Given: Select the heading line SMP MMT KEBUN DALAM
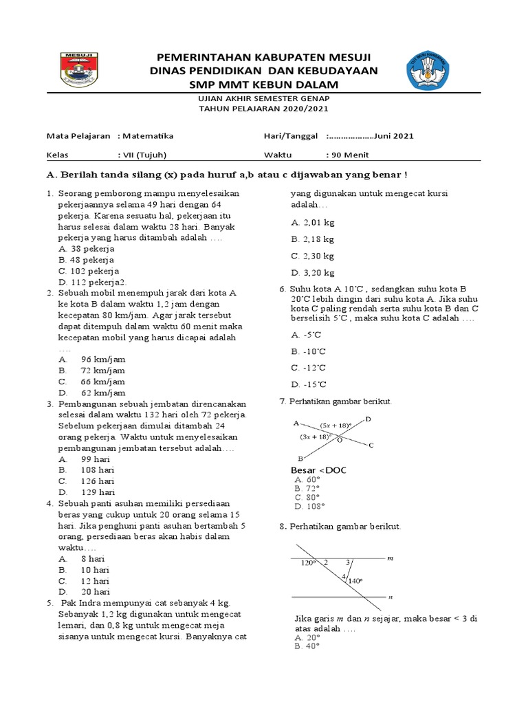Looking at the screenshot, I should pyautogui.click(x=265, y=85).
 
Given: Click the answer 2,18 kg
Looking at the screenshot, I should pyautogui.click(x=313, y=239).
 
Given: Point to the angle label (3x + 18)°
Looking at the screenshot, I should pyautogui.click(x=316, y=436).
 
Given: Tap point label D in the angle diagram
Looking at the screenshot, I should pyautogui.click(x=368, y=419).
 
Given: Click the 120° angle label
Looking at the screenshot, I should pyautogui.click(x=308, y=563).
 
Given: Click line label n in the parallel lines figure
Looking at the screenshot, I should pyautogui.click(x=389, y=597).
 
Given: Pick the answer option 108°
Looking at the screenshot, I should pyautogui.click(x=309, y=506).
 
